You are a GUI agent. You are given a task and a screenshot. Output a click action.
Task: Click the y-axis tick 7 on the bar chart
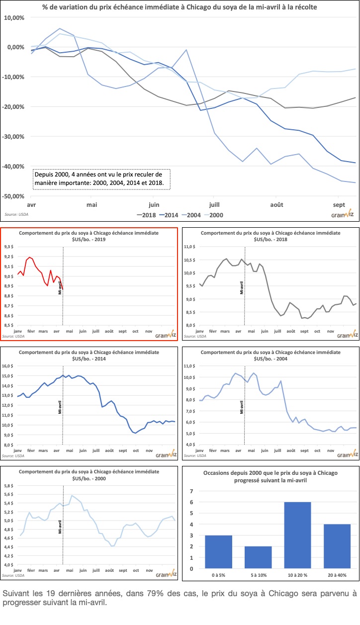point(191,491)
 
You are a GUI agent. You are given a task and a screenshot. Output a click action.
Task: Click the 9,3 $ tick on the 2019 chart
point(10,247)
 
